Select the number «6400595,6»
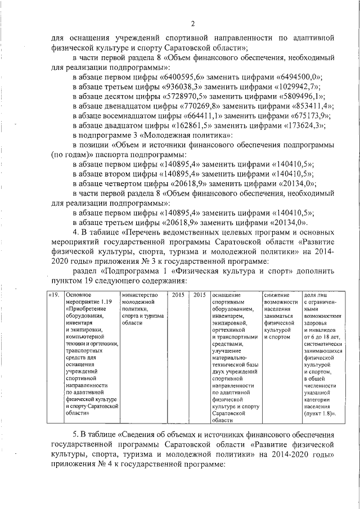[183, 77]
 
